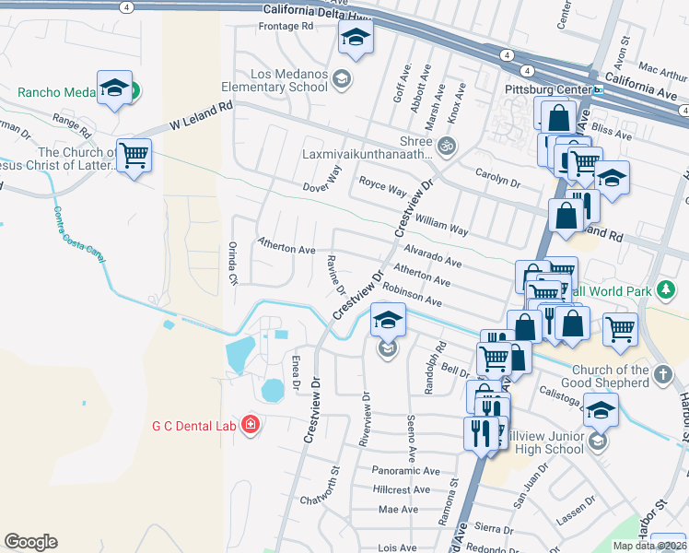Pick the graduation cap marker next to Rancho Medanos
pyautogui.click(x=114, y=88)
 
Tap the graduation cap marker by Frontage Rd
pyautogui.click(x=355, y=38)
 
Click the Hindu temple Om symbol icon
pyautogui.click(x=447, y=145)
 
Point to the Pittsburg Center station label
pyautogui.click(x=547, y=90)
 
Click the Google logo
pyautogui.click(x=30, y=542)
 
